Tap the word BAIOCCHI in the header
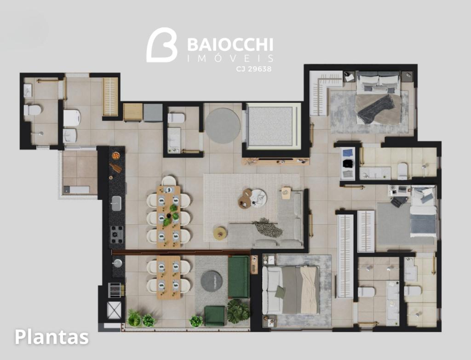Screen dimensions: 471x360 point(230,45)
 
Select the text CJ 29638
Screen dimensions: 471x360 point(253,69)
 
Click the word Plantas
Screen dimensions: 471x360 point(52,337)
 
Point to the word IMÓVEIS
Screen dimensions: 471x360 point(230,58)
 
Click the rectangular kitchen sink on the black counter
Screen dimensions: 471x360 point(116,203)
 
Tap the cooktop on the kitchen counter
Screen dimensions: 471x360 point(116,234)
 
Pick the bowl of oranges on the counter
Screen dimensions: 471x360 point(115,155)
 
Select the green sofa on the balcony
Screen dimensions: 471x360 point(239,276)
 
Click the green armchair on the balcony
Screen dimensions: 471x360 point(214,315)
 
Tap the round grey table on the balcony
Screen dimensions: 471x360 point(212,281)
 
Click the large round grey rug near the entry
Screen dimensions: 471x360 point(223,126)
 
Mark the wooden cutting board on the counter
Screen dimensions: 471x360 point(115,167)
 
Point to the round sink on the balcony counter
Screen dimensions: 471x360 point(117,263)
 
